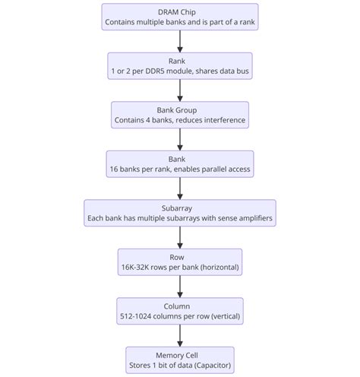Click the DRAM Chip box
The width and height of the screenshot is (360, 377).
click(x=179, y=17)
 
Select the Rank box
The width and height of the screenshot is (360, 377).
click(x=179, y=66)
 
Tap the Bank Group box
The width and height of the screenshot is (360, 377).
click(x=179, y=115)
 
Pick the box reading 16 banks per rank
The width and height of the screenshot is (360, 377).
click(x=179, y=164)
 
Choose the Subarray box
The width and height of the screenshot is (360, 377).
click(x=179, y=213)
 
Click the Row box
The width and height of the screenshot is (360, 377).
click(x=179, y=262)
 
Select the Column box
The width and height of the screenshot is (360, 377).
click(x=179, y=311)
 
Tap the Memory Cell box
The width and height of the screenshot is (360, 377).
click(x=179, y=360)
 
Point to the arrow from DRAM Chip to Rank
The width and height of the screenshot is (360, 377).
click(x=179, y=42)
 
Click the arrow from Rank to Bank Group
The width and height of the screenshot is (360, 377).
click(x=179, y=90)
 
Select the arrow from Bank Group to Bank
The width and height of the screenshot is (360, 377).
click(x=179, y=140)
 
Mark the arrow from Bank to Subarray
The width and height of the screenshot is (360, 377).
click(x=179, y=188)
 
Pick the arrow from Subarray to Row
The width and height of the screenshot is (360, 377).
click(x=179, y=238)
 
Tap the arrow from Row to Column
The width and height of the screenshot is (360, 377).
click(x=179, y=287)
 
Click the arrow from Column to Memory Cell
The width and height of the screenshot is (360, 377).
click(x=179, y=336)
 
